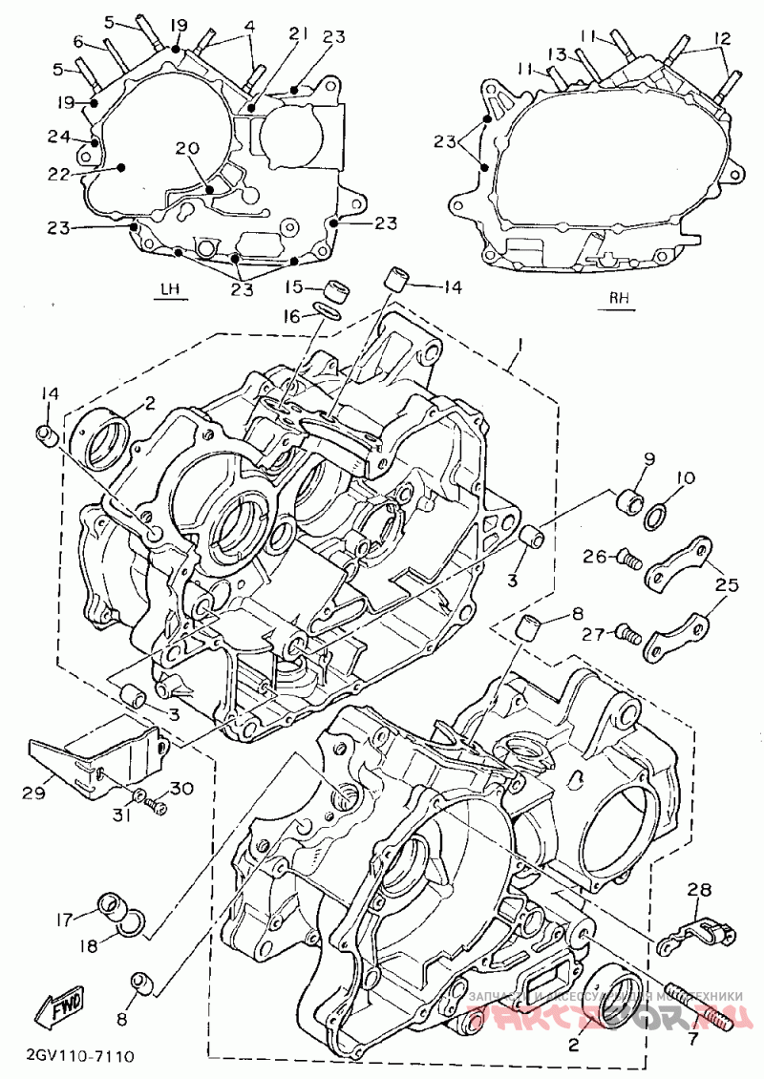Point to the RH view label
620,297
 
